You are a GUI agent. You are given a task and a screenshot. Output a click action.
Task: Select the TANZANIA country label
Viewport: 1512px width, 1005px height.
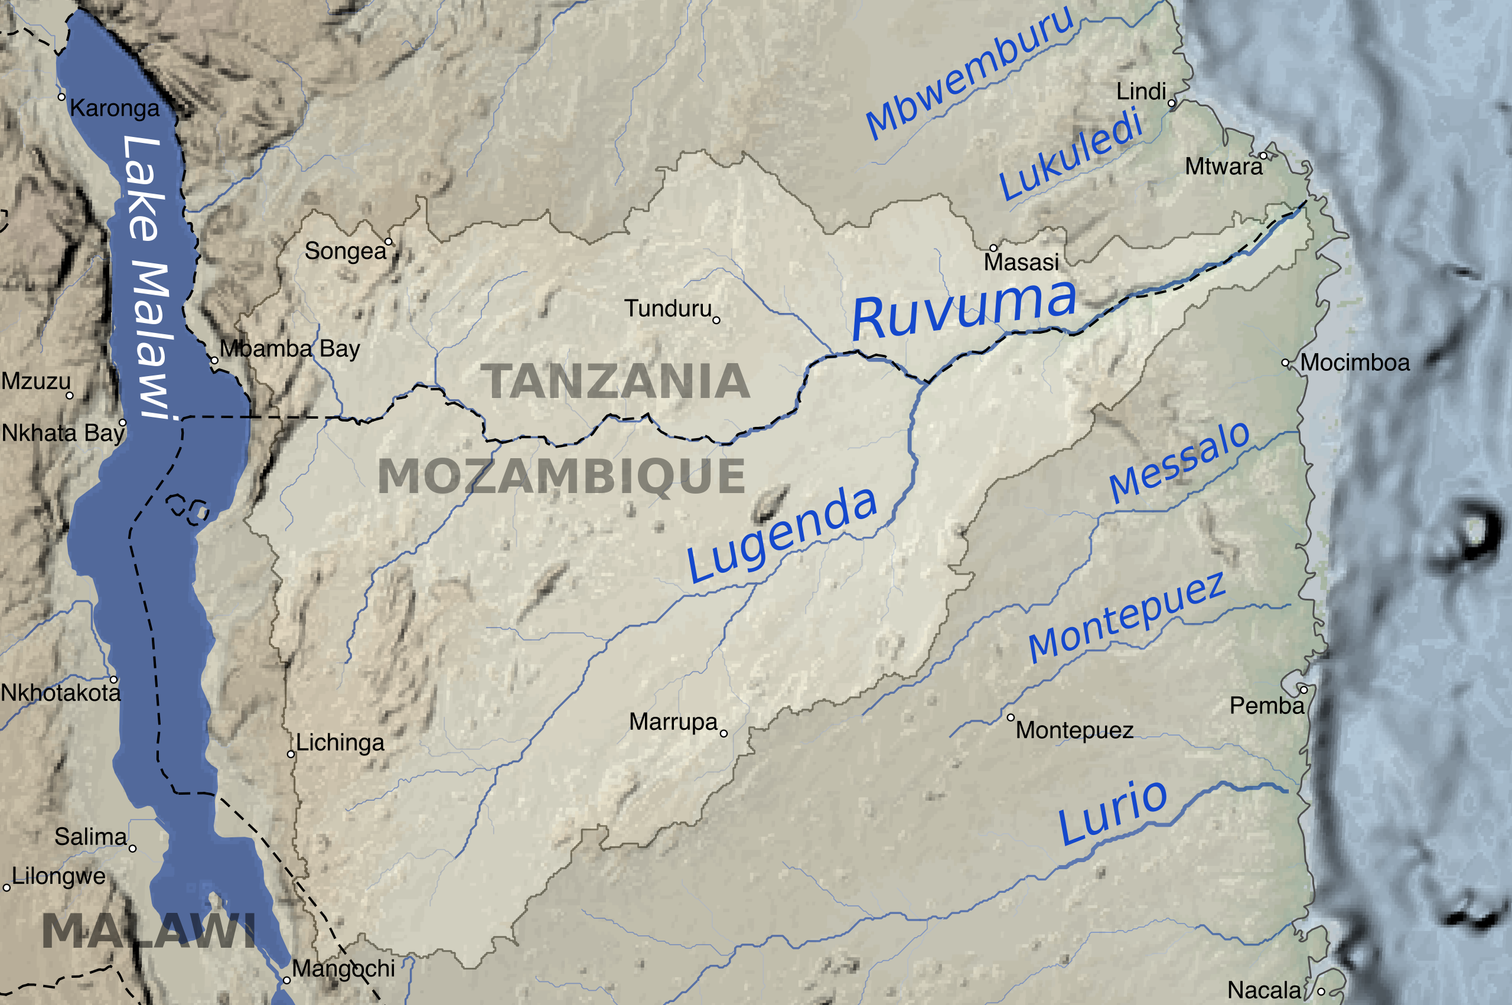pos(615,381)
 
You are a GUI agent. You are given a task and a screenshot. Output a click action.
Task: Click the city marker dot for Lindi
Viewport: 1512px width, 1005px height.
pos(1172,103)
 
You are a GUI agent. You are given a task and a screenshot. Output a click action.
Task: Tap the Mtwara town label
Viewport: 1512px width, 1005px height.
pos(1223,167)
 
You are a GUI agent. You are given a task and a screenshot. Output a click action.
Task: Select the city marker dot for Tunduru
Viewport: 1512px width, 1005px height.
pos(716,321)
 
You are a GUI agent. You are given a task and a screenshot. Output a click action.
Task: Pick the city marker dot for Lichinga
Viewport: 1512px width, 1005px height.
pos(291,755)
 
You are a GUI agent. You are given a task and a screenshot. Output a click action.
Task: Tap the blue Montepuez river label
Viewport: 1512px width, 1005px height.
pos(1126,616)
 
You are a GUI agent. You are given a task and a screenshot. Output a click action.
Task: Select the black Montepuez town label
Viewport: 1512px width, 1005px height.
pos(1074,730)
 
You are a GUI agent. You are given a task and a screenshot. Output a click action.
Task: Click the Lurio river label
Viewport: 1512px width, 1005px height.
pos(1112,812)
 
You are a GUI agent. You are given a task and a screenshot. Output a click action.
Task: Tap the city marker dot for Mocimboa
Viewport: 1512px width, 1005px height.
pos(1285,363)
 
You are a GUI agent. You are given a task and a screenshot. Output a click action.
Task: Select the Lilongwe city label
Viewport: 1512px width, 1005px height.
pos(58,876)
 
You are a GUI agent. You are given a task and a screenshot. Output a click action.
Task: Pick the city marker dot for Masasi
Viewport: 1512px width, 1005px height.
pos(993,248)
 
